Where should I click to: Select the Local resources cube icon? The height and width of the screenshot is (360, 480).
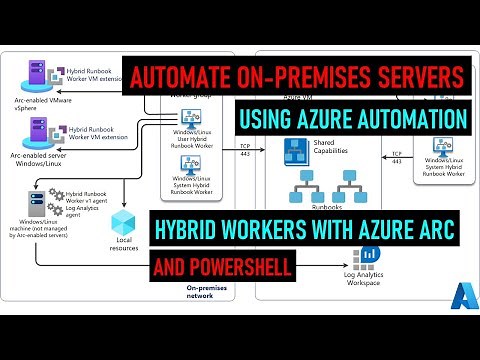pyautogui.click(x=124, y=222)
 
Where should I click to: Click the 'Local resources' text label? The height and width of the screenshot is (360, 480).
pyautogui.click(x=124, y=246)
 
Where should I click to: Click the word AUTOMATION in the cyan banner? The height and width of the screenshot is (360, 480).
pyautogui.click(x=414, y=121)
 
